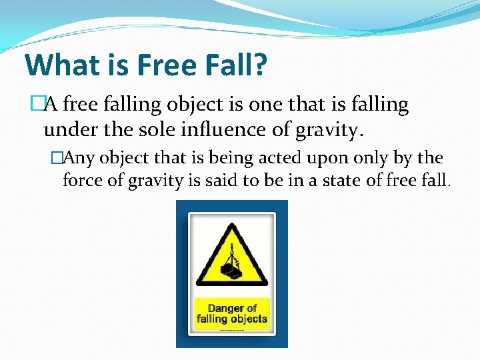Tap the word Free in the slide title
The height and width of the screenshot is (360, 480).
159,65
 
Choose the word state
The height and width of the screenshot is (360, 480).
346,180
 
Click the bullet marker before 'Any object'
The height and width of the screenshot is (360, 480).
56,158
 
